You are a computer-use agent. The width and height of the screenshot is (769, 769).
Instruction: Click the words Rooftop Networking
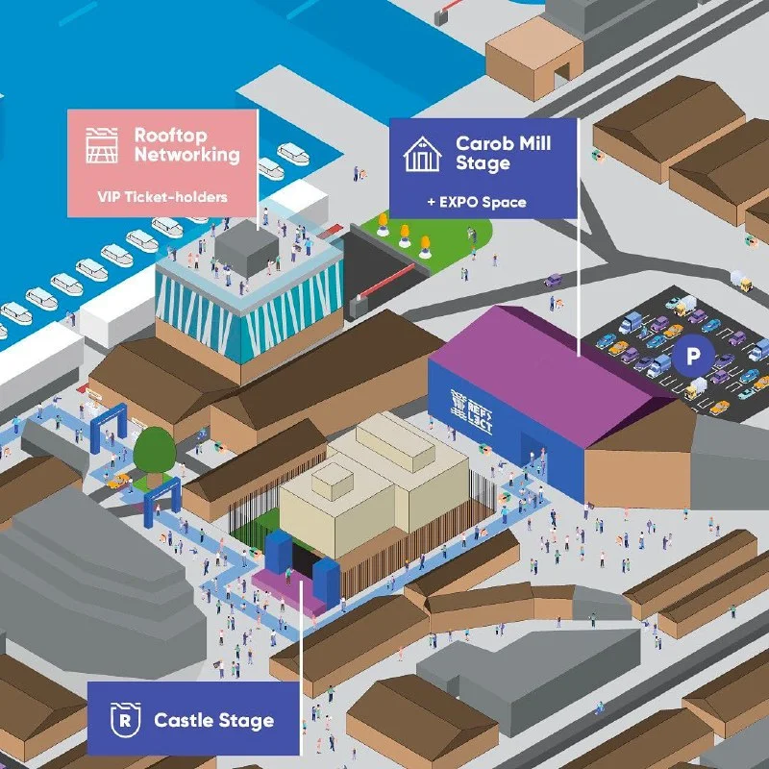point(186,145)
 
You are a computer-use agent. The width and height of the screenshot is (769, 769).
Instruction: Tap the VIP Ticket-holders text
point(161,197)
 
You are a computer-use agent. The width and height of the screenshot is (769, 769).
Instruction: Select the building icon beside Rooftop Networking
point(102,145)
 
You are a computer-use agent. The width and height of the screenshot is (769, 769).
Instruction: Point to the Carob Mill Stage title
point(503,154)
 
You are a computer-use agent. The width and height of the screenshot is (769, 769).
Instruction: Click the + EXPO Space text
point(476,203)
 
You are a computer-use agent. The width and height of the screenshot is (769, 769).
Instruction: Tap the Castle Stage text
point(213,720)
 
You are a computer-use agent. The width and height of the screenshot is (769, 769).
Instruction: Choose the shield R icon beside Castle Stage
point(124,720)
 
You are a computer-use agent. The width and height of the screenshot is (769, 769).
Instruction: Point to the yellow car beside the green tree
point(119,481)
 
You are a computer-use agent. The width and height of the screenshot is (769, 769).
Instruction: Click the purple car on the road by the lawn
point(553,281)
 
